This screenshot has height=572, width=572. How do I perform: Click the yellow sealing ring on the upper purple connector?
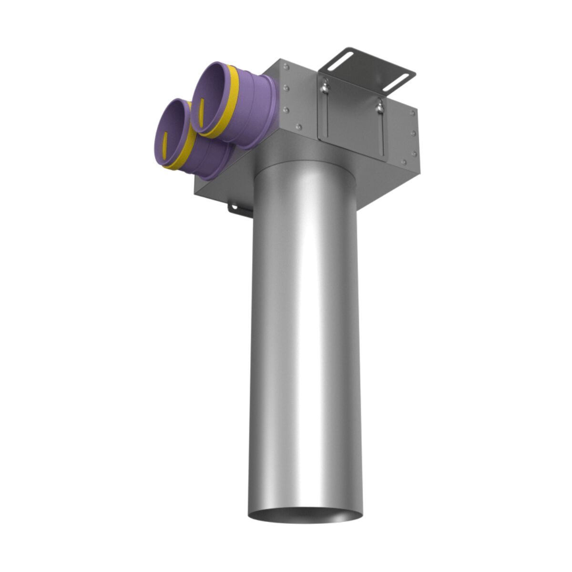(x=226, y=102)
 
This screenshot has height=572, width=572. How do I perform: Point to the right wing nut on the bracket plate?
(x=379, y=107)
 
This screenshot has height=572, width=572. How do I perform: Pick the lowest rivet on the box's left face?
(x=299, y=127)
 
